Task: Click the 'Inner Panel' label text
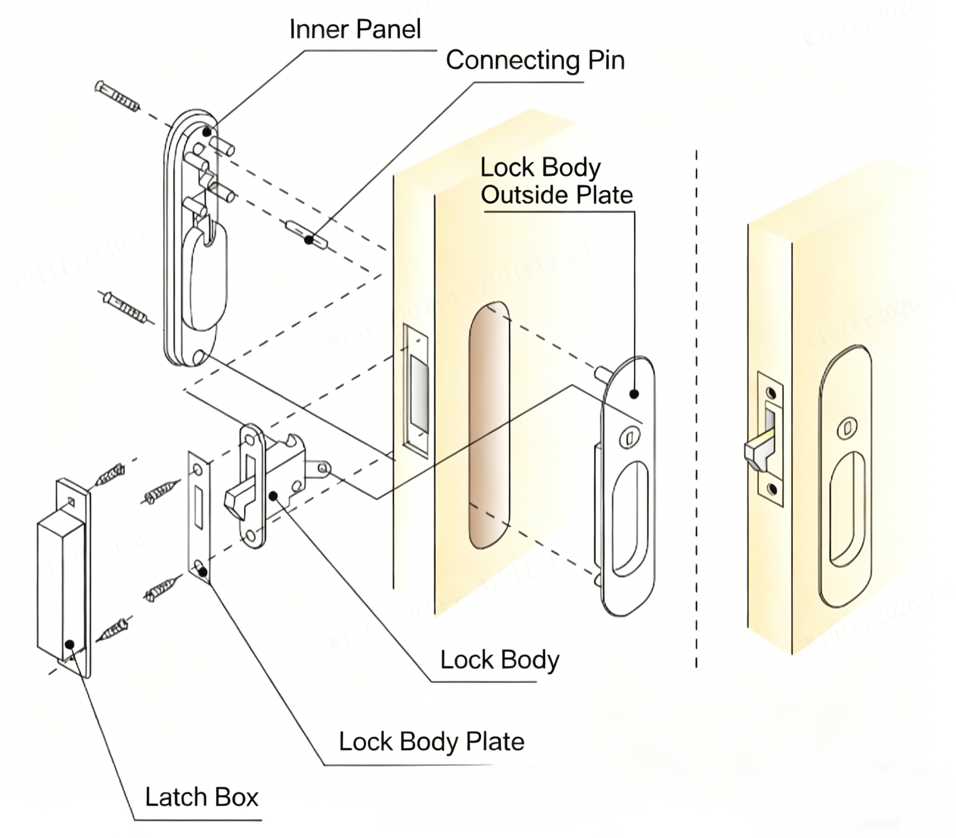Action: point(355,29)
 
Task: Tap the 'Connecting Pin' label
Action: point(535,61)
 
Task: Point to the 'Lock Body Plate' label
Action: point(431,742)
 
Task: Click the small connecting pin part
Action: point(306,234)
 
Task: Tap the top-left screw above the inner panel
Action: point(117,97)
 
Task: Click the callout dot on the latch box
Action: point(70,645)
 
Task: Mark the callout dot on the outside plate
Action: point(634,394)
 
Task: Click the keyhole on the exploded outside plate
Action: point(629,438)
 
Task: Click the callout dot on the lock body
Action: point(273,496)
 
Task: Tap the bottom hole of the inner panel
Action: point(199,357)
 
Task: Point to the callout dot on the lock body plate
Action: point(203,571)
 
